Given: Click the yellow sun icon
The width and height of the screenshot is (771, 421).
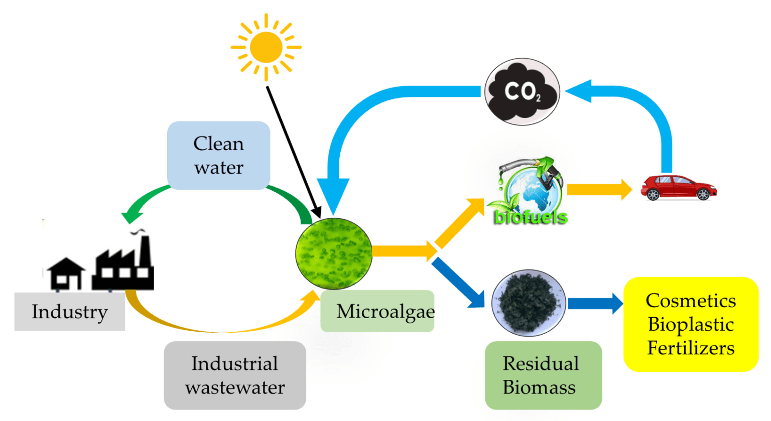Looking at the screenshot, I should tap(266, 47).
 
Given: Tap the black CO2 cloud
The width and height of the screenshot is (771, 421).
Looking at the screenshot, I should tap(522, 92).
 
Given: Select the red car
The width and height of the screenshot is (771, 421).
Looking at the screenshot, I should tap(679, 188).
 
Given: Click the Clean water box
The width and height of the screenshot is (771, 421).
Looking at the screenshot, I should tap(219, 156).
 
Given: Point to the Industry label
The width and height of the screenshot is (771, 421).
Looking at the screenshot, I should tap(69, 312).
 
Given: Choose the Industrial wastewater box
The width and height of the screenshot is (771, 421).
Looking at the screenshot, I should tap(235, 375).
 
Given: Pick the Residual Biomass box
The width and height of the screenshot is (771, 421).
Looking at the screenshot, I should tap(543, 375).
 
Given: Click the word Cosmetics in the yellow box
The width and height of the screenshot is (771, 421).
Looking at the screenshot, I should tap(691, 301).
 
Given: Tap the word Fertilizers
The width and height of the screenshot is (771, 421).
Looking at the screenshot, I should tap(691, 348).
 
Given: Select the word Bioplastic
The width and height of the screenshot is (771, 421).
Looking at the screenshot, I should tap(691, 324).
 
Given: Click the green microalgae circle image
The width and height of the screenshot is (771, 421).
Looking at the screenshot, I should tap(334, 253).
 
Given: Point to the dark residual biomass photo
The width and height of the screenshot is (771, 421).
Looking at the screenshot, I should tap(529, 303).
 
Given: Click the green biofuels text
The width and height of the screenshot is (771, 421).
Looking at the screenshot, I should tap(531, 217).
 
